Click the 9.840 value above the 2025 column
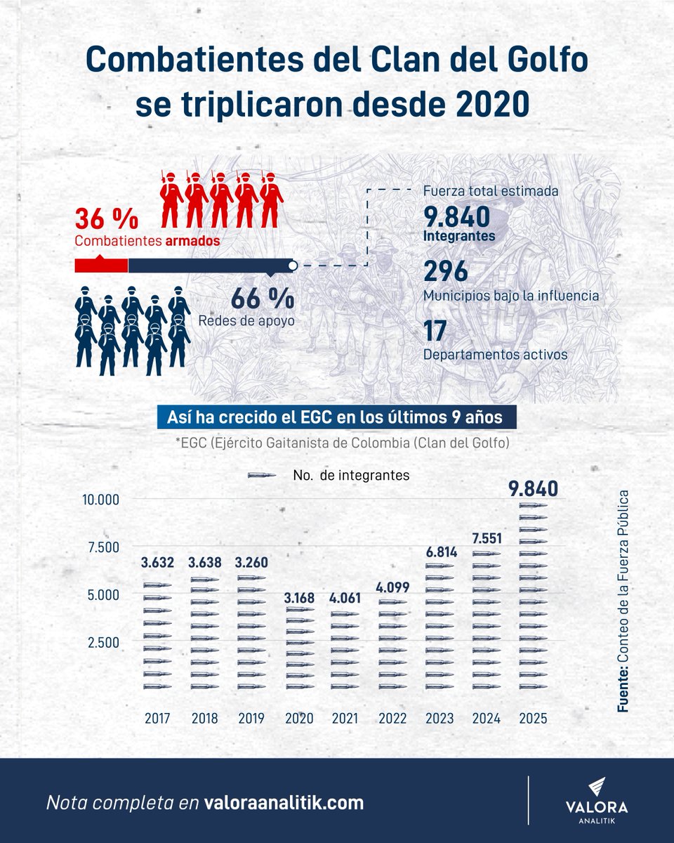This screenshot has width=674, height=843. [x=533, y=488]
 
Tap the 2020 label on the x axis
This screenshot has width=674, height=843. [x=299, y=718]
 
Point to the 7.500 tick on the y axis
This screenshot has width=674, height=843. [x=103, y=547]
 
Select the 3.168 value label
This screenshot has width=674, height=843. [x=299, y=598]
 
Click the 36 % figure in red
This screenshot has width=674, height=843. [x=107, y=218]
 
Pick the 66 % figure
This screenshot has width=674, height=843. [x=263, y=299]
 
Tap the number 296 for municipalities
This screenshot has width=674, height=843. [x=446, y=271]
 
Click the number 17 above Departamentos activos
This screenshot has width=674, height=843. [x=435, y=331]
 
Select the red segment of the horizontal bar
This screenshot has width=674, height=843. [x=101, y=266]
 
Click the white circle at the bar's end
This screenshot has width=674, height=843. [x=293, y=266]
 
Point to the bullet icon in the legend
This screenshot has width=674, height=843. [x=262, y=476]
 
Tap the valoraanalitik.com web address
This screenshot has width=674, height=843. [x=284, y=803]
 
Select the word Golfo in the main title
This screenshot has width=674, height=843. [x=548, y=60]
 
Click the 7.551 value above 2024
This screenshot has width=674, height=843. [x=487, y=538]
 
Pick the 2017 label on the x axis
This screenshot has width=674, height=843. [x=157, y=718]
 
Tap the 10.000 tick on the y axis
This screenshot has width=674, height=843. [x=100, y=500]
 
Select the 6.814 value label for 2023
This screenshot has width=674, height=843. [x=442, y=552]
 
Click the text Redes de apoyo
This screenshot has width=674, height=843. [x=246, y=320]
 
